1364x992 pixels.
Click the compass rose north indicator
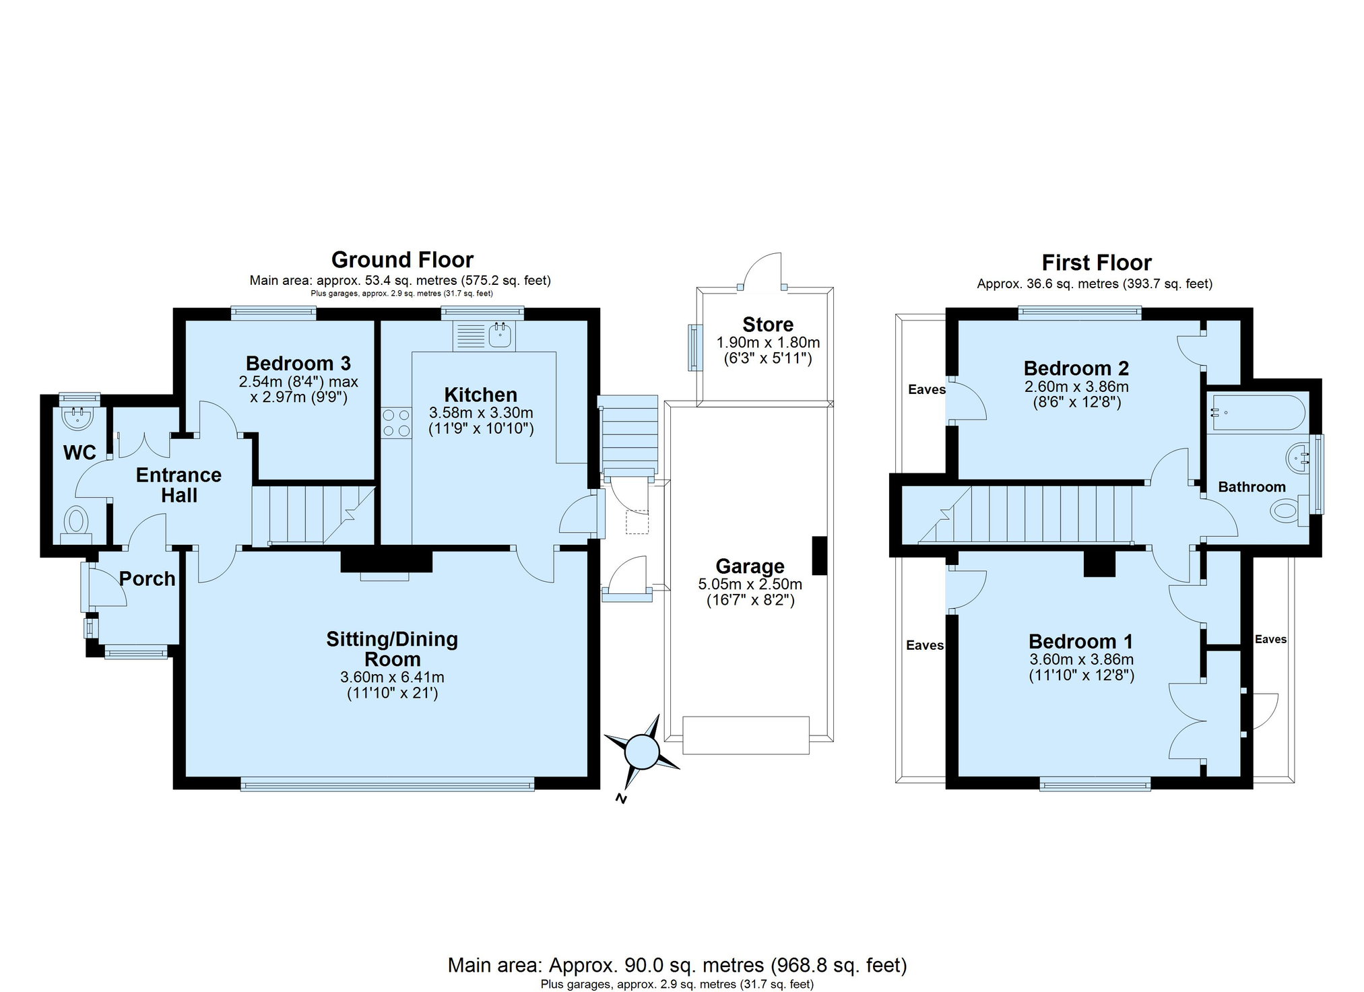coord(642,752)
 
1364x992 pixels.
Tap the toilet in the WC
coord(76,525)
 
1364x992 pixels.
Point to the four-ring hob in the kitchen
coord(396,423)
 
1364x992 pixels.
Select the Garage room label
coord(750,566)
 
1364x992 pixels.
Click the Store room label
coord(768,325)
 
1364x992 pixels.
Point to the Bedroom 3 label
coord(298,364)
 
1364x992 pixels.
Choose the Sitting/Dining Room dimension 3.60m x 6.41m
coord(393,677)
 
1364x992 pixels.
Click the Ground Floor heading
coord(402,260)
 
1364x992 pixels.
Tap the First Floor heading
coord(1097,263)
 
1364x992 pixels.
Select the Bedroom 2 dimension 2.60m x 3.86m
coord(1076,387)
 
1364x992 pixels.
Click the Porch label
coord(148,578)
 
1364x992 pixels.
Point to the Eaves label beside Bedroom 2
coord(927,389)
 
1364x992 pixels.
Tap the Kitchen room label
coord(481,395)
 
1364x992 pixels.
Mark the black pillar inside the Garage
coord(819,555)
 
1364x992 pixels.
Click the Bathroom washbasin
coord(1298,459)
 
